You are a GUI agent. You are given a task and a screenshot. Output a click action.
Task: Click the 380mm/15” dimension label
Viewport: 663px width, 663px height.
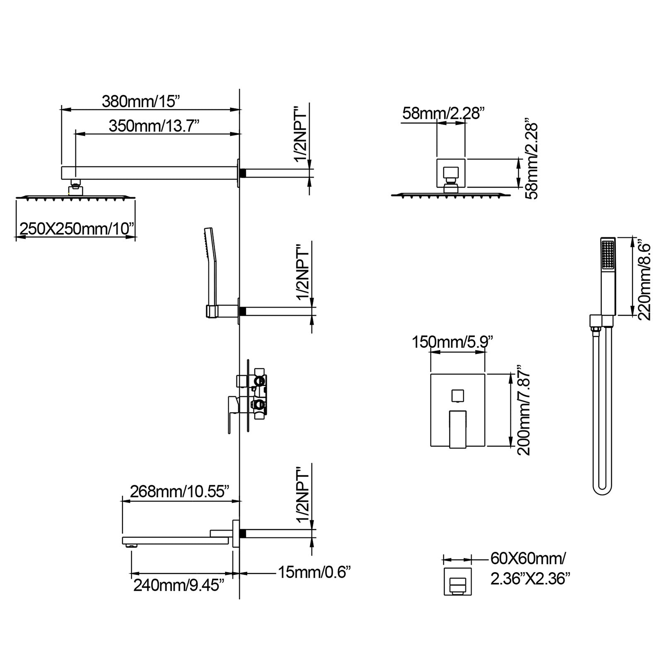tap(141, 102)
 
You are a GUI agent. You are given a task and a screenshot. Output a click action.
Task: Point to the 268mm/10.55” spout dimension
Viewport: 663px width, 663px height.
tap(179, 492)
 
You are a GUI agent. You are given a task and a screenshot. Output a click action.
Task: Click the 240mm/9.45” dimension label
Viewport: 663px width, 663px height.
tap(179, 586)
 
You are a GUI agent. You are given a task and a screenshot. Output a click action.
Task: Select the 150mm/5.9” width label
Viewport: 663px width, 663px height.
tap(452, 342)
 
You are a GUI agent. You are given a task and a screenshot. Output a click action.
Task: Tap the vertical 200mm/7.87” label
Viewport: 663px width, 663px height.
tap(524, 410)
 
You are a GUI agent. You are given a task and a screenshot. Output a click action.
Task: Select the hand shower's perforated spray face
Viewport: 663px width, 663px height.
tap(608, 255)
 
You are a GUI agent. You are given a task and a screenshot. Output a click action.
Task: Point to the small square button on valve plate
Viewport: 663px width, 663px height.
tap(458, 395)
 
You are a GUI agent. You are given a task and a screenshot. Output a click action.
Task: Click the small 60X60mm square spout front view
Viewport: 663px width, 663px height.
tap(457, 581)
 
